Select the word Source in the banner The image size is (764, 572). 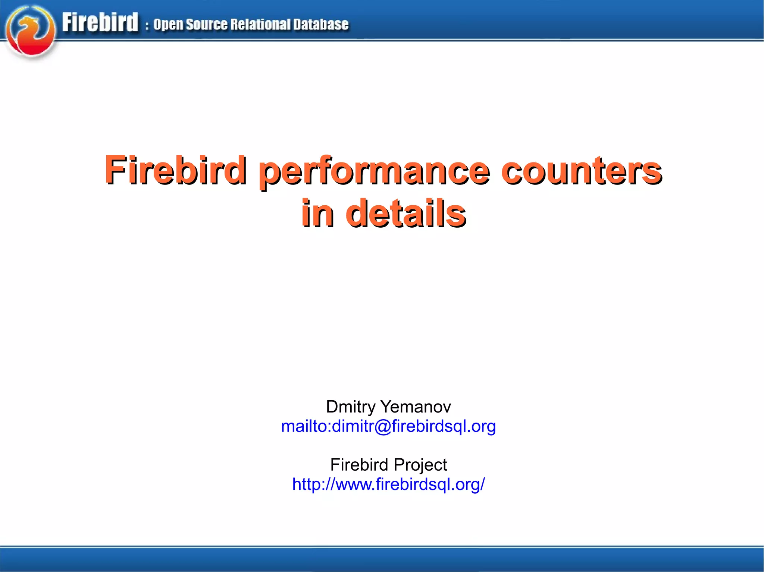(x=206, y=25)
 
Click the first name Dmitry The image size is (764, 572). (x=350, y=407)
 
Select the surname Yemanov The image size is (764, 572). (x=415, y=407)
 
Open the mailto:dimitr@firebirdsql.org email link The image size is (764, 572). (x=388, y=426)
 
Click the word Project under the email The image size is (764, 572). (x=420, y=465)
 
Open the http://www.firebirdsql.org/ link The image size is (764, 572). (x=388, y=484)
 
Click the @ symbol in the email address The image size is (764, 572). (x=382, y=426)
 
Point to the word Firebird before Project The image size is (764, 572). (x=359, y=465)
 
